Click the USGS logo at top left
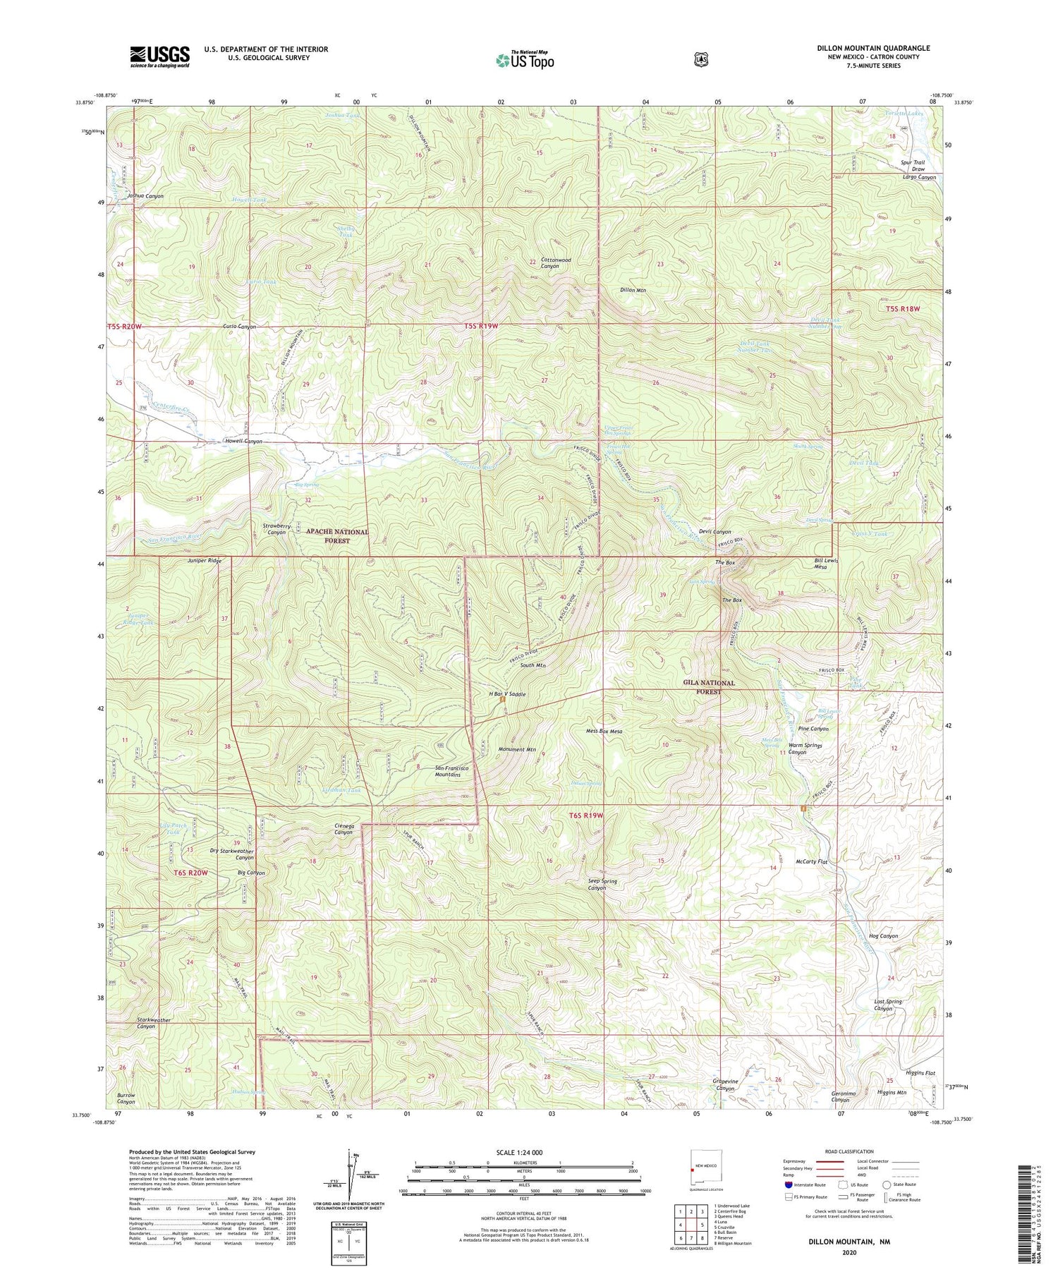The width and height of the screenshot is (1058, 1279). (159, 56)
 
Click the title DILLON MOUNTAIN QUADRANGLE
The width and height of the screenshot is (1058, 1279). (873, 48)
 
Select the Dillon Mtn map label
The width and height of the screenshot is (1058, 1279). (633, 290)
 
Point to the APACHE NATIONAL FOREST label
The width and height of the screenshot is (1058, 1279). (337, 536)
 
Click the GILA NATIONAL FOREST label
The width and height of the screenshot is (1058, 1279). (709, 687)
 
